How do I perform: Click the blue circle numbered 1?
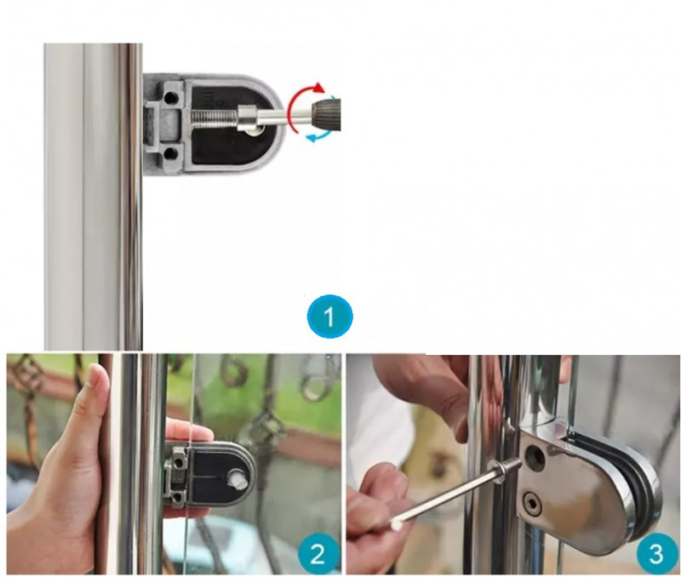point(329,316)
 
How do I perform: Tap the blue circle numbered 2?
point(318,552)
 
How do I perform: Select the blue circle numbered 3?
point(657,553)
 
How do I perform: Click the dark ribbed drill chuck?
point(327,114)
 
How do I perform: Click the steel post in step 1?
point(93,197)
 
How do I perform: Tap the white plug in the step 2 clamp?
point(237,478)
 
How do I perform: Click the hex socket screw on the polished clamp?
point(533,504)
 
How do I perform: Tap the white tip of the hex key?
point(396,524)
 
